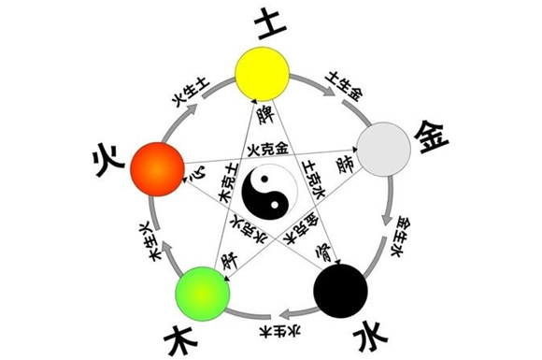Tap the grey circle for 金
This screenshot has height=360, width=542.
click(384, 148)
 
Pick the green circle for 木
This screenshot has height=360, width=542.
click(203, 292)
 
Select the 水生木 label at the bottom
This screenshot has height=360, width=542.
click(271, 329)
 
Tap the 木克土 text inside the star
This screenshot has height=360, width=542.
click(224, 187)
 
